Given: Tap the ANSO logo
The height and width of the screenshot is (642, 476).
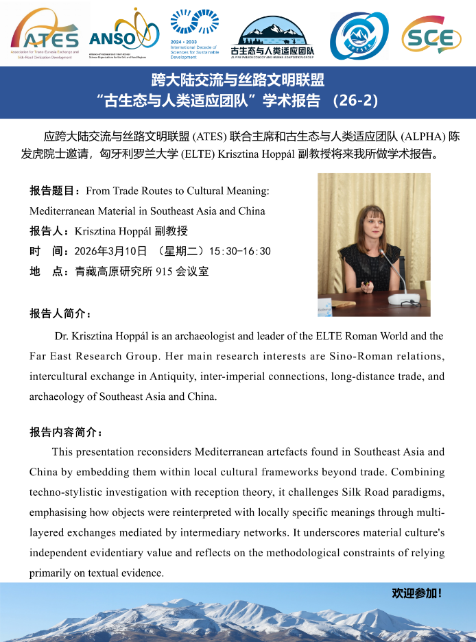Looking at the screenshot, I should pos(124,33).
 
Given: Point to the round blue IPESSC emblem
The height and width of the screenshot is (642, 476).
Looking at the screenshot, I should pos(359,36).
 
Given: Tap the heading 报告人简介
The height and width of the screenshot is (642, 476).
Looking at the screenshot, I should pos(60,313).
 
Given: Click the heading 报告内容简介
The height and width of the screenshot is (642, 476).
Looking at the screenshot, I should pos(66,433).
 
